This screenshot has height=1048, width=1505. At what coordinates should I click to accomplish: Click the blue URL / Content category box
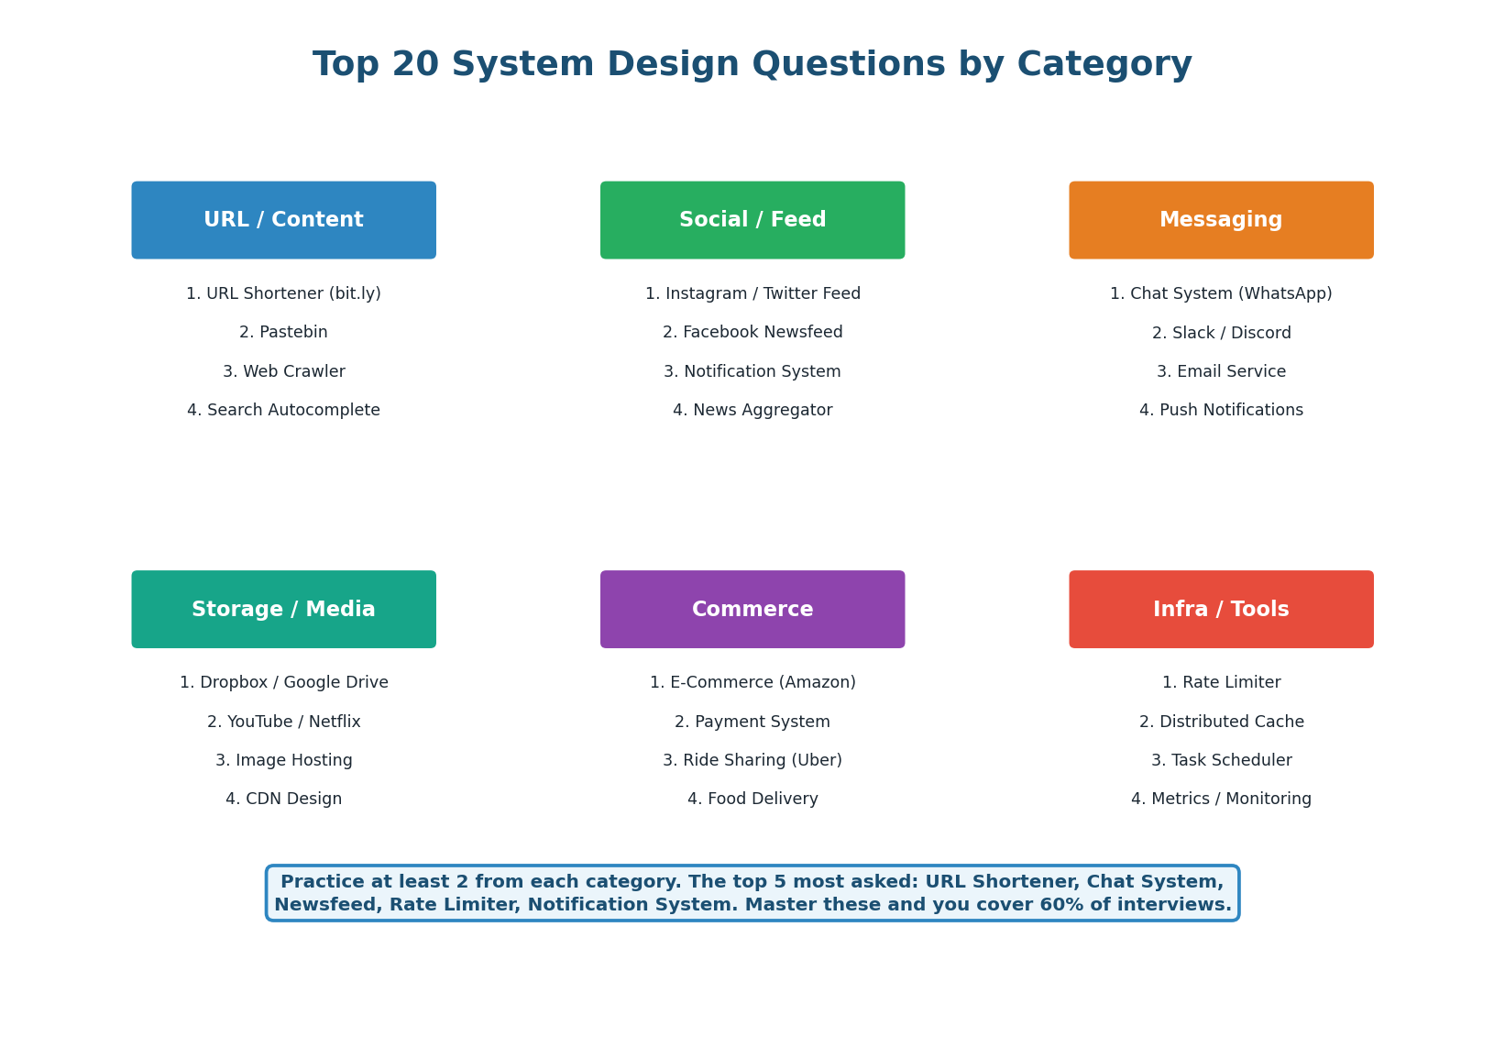[283, 220]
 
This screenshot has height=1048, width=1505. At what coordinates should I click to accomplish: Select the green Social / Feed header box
[752, 220]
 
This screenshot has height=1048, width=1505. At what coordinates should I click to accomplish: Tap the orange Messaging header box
[1221, 220]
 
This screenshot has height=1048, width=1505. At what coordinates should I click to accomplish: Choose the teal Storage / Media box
[283, 610]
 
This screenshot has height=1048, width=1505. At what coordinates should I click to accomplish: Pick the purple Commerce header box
[752, 610]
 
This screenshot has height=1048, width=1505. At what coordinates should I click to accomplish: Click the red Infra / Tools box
[1221, 610]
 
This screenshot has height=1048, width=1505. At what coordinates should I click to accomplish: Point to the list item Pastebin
[283, 333]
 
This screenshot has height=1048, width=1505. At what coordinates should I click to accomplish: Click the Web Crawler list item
[283, 372]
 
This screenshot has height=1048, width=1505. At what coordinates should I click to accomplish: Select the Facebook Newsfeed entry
[752, 333]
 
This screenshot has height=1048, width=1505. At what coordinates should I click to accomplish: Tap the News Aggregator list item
[752, 411]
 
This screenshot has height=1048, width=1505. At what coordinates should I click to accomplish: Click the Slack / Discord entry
[1221, 333]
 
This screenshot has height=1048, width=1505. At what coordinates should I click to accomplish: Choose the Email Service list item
[1221, 372]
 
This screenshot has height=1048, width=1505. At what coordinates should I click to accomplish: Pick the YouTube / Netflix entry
[283, 723]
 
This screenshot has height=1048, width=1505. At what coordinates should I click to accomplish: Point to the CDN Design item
[283, 800]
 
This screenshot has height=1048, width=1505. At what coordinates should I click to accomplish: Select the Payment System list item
[752, 723]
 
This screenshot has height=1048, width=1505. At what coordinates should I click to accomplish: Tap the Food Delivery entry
[752, 800]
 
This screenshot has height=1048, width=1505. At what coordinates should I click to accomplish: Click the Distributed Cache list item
[1221, 723]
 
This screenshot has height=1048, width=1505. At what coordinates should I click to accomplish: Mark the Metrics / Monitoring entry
[1221, 800]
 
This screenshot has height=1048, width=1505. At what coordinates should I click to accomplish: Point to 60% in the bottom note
[1058, 905]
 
